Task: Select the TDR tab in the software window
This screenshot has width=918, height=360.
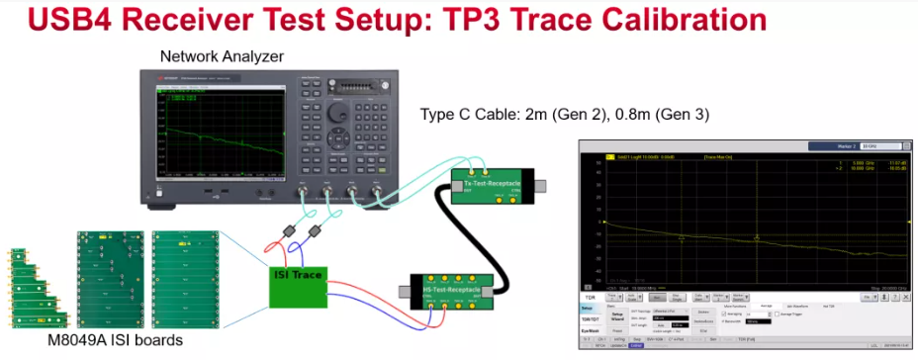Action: [591, 296]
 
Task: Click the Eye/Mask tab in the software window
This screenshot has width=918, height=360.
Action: [591, 331]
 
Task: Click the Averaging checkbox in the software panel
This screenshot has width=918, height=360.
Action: [724, 313]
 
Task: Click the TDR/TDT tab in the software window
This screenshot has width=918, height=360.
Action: [591, 319]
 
